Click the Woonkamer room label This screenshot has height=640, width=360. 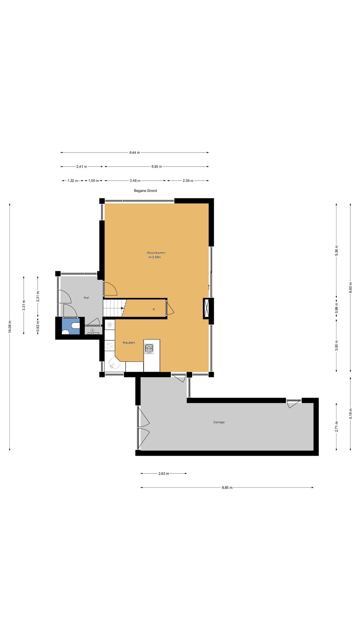coord(156,252)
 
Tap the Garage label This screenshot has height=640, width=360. coord(219,422)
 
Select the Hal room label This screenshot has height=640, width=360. coord(86,298)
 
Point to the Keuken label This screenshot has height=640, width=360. coord(129,343)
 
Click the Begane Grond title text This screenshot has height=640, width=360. coord(145,191)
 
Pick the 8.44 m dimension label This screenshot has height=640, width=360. coord(135,152)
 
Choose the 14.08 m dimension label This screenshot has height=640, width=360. coord(10,327)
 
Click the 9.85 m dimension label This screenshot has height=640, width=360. coord(227,487)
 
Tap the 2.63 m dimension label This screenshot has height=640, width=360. coord(163,473)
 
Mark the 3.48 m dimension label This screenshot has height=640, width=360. coord(135,181)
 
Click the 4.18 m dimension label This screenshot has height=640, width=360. coord(350,414)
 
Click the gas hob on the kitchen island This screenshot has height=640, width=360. coord(149,349)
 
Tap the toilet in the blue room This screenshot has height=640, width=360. coord(75,326)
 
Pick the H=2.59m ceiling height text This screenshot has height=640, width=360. coord(155,257)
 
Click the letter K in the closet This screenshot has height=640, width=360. coord(154,309)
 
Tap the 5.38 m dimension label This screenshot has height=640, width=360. coord(336,251)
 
